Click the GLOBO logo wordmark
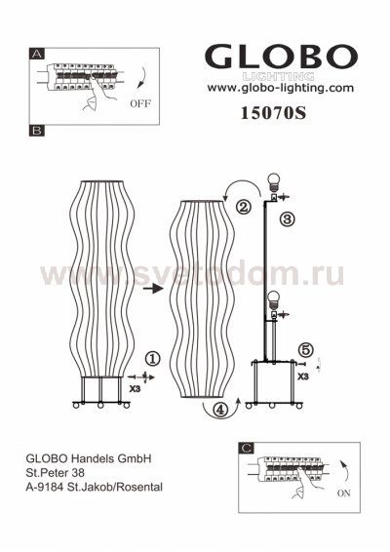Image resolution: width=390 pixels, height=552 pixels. point(281,57)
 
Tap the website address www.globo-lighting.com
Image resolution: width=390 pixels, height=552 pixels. point(281,88)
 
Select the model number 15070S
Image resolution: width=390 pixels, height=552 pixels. point(274,113)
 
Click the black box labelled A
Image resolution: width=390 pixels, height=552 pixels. point(37,54)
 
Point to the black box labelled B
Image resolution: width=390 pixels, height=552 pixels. point(37,131)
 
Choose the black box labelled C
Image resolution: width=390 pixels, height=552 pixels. point(247,449)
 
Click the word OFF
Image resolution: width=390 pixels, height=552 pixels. point(140,103)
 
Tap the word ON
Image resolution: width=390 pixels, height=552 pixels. point(343,493)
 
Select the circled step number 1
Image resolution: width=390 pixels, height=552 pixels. point(153,359)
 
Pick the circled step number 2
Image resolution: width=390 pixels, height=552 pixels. point(244,207)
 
